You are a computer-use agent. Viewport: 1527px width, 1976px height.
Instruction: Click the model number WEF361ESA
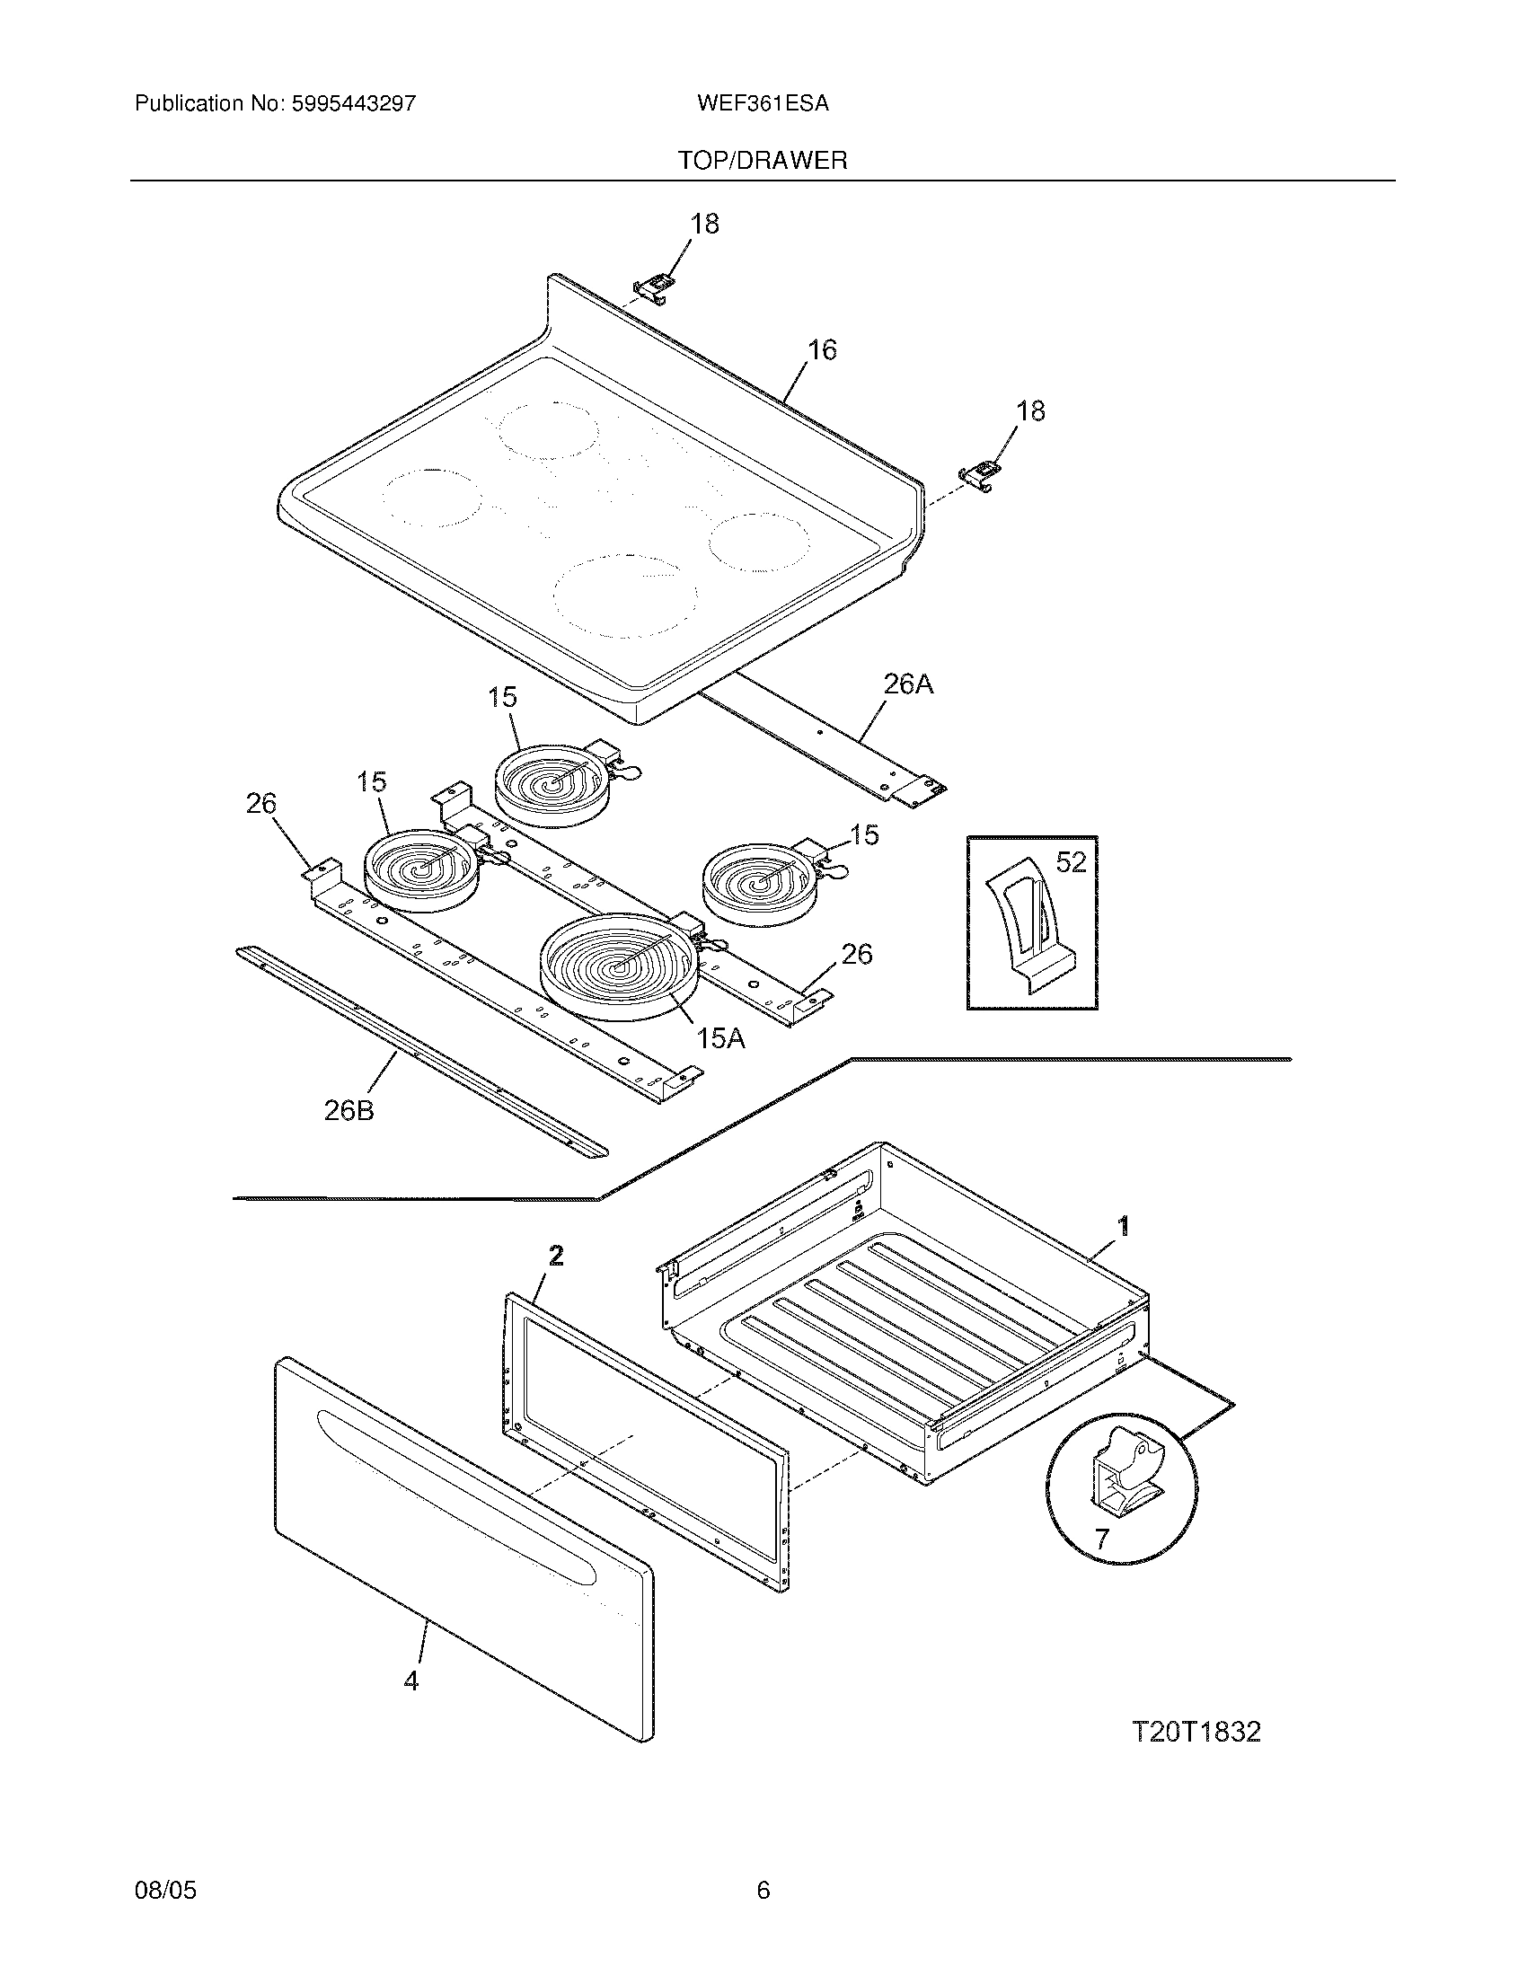(763, 103)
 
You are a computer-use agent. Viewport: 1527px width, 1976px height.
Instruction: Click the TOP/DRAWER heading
(763, 161)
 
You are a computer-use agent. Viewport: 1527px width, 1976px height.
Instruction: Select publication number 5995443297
(354, 103)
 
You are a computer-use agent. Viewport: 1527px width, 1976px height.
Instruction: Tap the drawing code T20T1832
(1196, 1732)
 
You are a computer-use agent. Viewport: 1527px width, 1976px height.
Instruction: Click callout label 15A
(721, 1038)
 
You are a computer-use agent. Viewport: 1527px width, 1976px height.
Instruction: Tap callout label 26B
(349, 1110)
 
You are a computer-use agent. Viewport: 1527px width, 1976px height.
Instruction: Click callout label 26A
(908, 685)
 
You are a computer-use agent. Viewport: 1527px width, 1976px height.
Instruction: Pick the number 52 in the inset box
(1070, 862)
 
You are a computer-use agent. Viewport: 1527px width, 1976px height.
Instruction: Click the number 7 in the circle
(1100, 1538)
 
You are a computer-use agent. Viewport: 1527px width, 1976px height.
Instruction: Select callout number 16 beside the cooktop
(821, 349)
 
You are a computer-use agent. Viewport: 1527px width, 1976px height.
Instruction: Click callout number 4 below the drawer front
(411, 1680)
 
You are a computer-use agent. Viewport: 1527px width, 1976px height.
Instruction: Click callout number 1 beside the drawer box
(1124, 1226)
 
